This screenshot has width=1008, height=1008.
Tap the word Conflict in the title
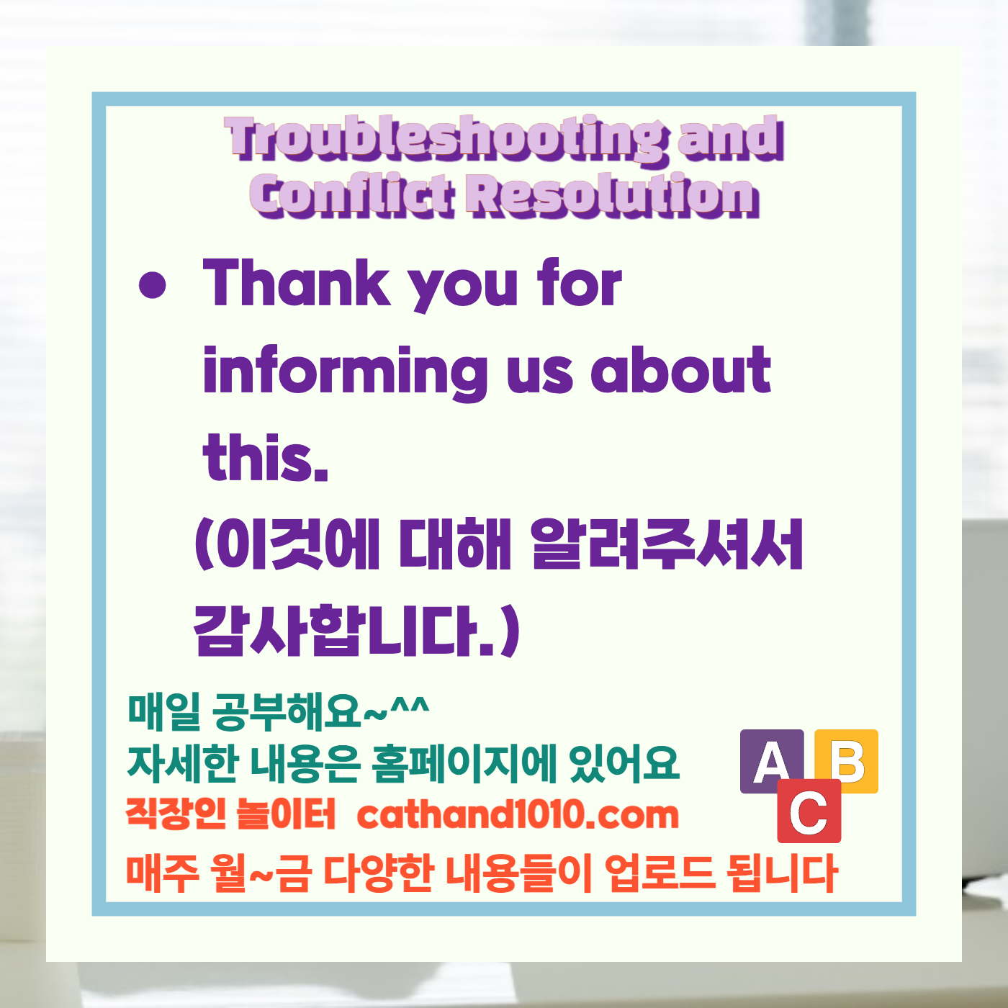click(353, 196)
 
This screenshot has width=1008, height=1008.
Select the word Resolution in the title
click(612, 196)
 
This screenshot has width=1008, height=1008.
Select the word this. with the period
click(266, 458)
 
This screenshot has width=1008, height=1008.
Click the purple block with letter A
click(772, 762)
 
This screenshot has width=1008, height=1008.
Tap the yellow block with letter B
click(847, 760)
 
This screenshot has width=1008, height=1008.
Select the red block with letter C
click(809, 811)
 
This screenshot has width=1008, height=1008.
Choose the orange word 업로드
click(660, 873)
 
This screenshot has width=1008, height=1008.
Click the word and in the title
click(731, 138)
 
